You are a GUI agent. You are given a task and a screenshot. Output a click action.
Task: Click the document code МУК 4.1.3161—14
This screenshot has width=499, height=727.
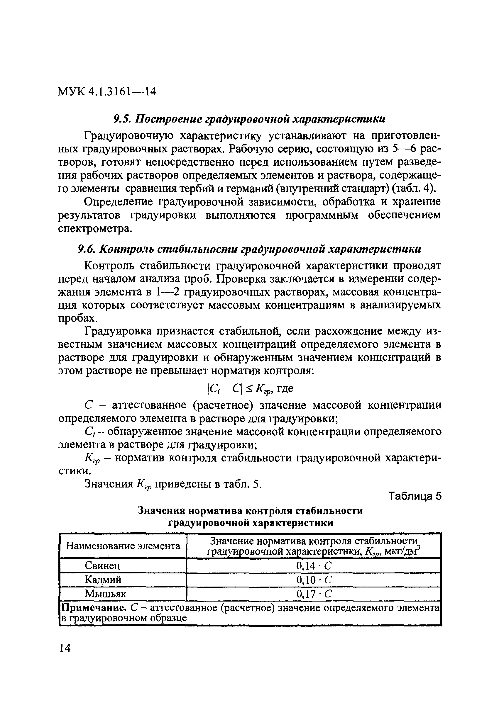tap(107, 92)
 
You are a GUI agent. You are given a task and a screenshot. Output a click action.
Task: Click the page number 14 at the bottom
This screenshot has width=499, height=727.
tap(65, 648)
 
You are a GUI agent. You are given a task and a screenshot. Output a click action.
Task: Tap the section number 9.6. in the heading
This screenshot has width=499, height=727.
tap(87, 249)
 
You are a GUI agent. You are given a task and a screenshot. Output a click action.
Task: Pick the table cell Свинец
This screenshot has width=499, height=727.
tap(102, 565)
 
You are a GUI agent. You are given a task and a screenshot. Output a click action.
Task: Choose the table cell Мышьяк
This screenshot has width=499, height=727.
tap(106, 593)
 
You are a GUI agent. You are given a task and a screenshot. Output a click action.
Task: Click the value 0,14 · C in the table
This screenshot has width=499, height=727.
tap(313, 566)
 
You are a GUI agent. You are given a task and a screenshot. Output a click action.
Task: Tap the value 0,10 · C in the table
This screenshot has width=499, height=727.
tap(313, 580)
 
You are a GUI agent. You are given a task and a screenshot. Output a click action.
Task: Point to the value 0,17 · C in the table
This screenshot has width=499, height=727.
tap(313, 594)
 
